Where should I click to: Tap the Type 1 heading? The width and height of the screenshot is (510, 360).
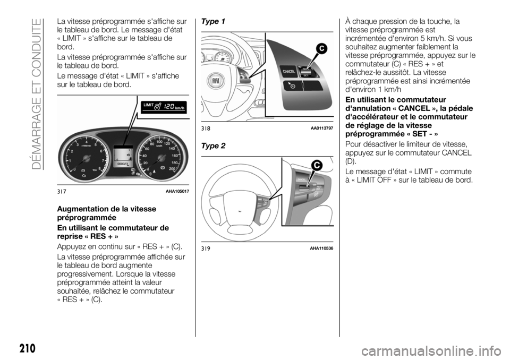pos(214,21)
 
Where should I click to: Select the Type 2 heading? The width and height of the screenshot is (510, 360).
pos(214,145)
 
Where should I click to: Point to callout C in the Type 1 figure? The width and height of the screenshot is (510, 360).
pos(321,50)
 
